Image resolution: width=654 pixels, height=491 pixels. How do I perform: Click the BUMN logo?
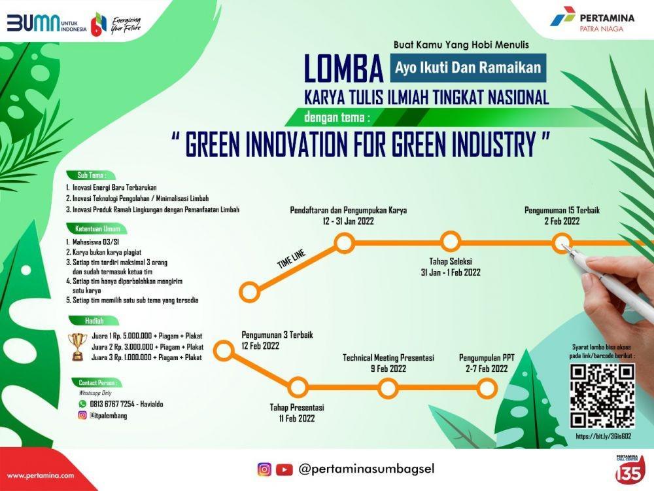46,24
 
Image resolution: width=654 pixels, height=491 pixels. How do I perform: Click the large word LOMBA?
344,69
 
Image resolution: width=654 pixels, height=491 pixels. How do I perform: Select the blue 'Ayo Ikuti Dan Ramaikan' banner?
468,67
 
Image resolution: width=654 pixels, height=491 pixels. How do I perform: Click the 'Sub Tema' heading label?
91,175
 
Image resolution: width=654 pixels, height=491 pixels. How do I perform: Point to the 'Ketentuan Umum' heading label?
97,228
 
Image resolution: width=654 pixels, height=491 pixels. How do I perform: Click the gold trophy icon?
78,346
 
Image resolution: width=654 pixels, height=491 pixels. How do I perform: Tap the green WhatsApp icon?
82,404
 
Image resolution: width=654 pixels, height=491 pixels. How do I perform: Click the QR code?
602,396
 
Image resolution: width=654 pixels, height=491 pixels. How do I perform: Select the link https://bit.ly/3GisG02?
603,436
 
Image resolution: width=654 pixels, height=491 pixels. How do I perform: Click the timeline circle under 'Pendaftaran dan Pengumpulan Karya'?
344,243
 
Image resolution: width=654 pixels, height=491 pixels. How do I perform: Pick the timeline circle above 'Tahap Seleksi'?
451,242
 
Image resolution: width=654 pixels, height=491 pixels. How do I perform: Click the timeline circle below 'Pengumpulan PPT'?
487,389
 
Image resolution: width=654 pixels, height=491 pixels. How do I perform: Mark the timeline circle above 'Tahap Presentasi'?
298,387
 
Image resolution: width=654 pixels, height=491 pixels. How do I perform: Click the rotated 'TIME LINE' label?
292,259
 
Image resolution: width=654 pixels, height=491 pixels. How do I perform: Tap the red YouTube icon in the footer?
284,469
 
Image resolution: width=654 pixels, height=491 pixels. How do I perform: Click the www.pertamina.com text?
41,475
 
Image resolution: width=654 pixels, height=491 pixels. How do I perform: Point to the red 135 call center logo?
629,469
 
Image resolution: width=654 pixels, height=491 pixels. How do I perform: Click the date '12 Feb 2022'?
260,346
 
